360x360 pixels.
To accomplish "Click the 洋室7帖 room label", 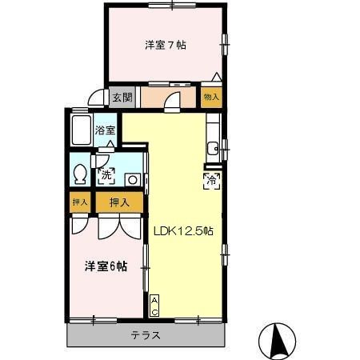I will [x=166, y=46].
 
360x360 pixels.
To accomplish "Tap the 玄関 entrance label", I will [x=122, y=98].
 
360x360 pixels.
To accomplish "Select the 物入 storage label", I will [x=211, y=98].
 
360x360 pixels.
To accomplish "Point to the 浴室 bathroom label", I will [x=106, y=130].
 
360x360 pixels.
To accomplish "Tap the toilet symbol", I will [x=80, y=174].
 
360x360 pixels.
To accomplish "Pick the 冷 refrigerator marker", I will [x=212, y=181].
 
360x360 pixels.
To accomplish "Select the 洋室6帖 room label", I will [x=106, y=266].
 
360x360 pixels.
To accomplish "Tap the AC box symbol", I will [x=154, y=305].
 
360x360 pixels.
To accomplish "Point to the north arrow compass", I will [x=280, y=339].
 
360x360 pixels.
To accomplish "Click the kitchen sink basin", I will [x=213, y=147].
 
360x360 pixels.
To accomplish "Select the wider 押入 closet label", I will [x=118, y=203].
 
